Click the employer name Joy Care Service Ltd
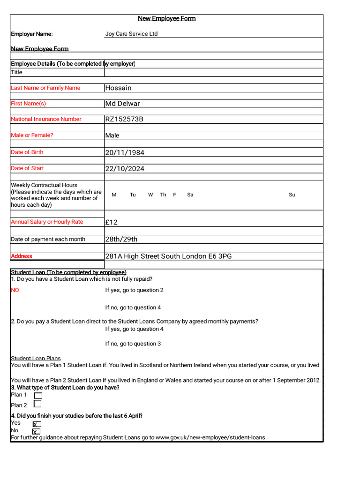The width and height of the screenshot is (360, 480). pyautogui.click(x=131, y=34)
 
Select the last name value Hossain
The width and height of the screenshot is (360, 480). pyautogui.click(x=118, y=88)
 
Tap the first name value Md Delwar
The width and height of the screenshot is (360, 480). pyautogui.click(x=122, y=104)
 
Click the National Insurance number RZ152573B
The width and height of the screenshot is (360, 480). pyautogui.click(x=124, y=119)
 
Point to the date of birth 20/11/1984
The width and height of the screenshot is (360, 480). pyautogui.click(x=124, y=152)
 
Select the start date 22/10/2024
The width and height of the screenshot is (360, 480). pyautogui.click(x=124, y=168)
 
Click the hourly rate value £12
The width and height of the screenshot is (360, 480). pyautogui.click(x=111, y=222)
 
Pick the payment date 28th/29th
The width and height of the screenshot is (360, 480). pyautogui.click(x=121, y=239)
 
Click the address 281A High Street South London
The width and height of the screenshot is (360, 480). pyautogui.click(x=168, y=256)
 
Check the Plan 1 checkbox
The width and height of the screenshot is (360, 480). pyautogui.click(x=38, y=396)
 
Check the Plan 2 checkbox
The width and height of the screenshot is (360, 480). pyautogui.click(x=37, y=404)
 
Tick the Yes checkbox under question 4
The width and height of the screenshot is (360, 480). pyautogui.click(x=37, y=424)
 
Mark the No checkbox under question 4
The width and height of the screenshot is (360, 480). pyautogui.click(x=36, y=431)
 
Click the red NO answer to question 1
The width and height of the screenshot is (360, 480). pyautogui.click(x=15, y=290)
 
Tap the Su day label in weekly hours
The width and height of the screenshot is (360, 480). pyautogui.click(x=292, y=195)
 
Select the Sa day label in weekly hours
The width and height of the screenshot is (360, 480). pyautogui.click(x=190, y=195)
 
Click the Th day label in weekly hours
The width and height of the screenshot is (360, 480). pyautogui.click(x=163, y=195)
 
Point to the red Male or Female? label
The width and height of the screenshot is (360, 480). pyautogui.click(x=32, y=135)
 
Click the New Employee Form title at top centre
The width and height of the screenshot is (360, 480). pyautogui.click(x=166, y=19)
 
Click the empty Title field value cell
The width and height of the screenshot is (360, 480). pyautogui.click(x=213, y=72)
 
